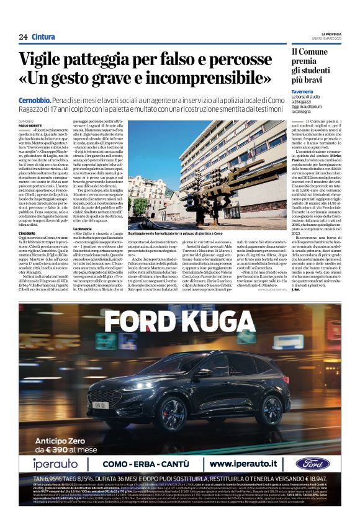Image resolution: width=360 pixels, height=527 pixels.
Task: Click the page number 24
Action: coord(23,37)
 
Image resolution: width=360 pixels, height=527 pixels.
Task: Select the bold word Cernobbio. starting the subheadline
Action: coord(35,100)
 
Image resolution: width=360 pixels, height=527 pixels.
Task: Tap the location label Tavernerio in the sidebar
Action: coord(302,92)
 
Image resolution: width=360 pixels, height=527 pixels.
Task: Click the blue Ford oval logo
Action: coord(313,464)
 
